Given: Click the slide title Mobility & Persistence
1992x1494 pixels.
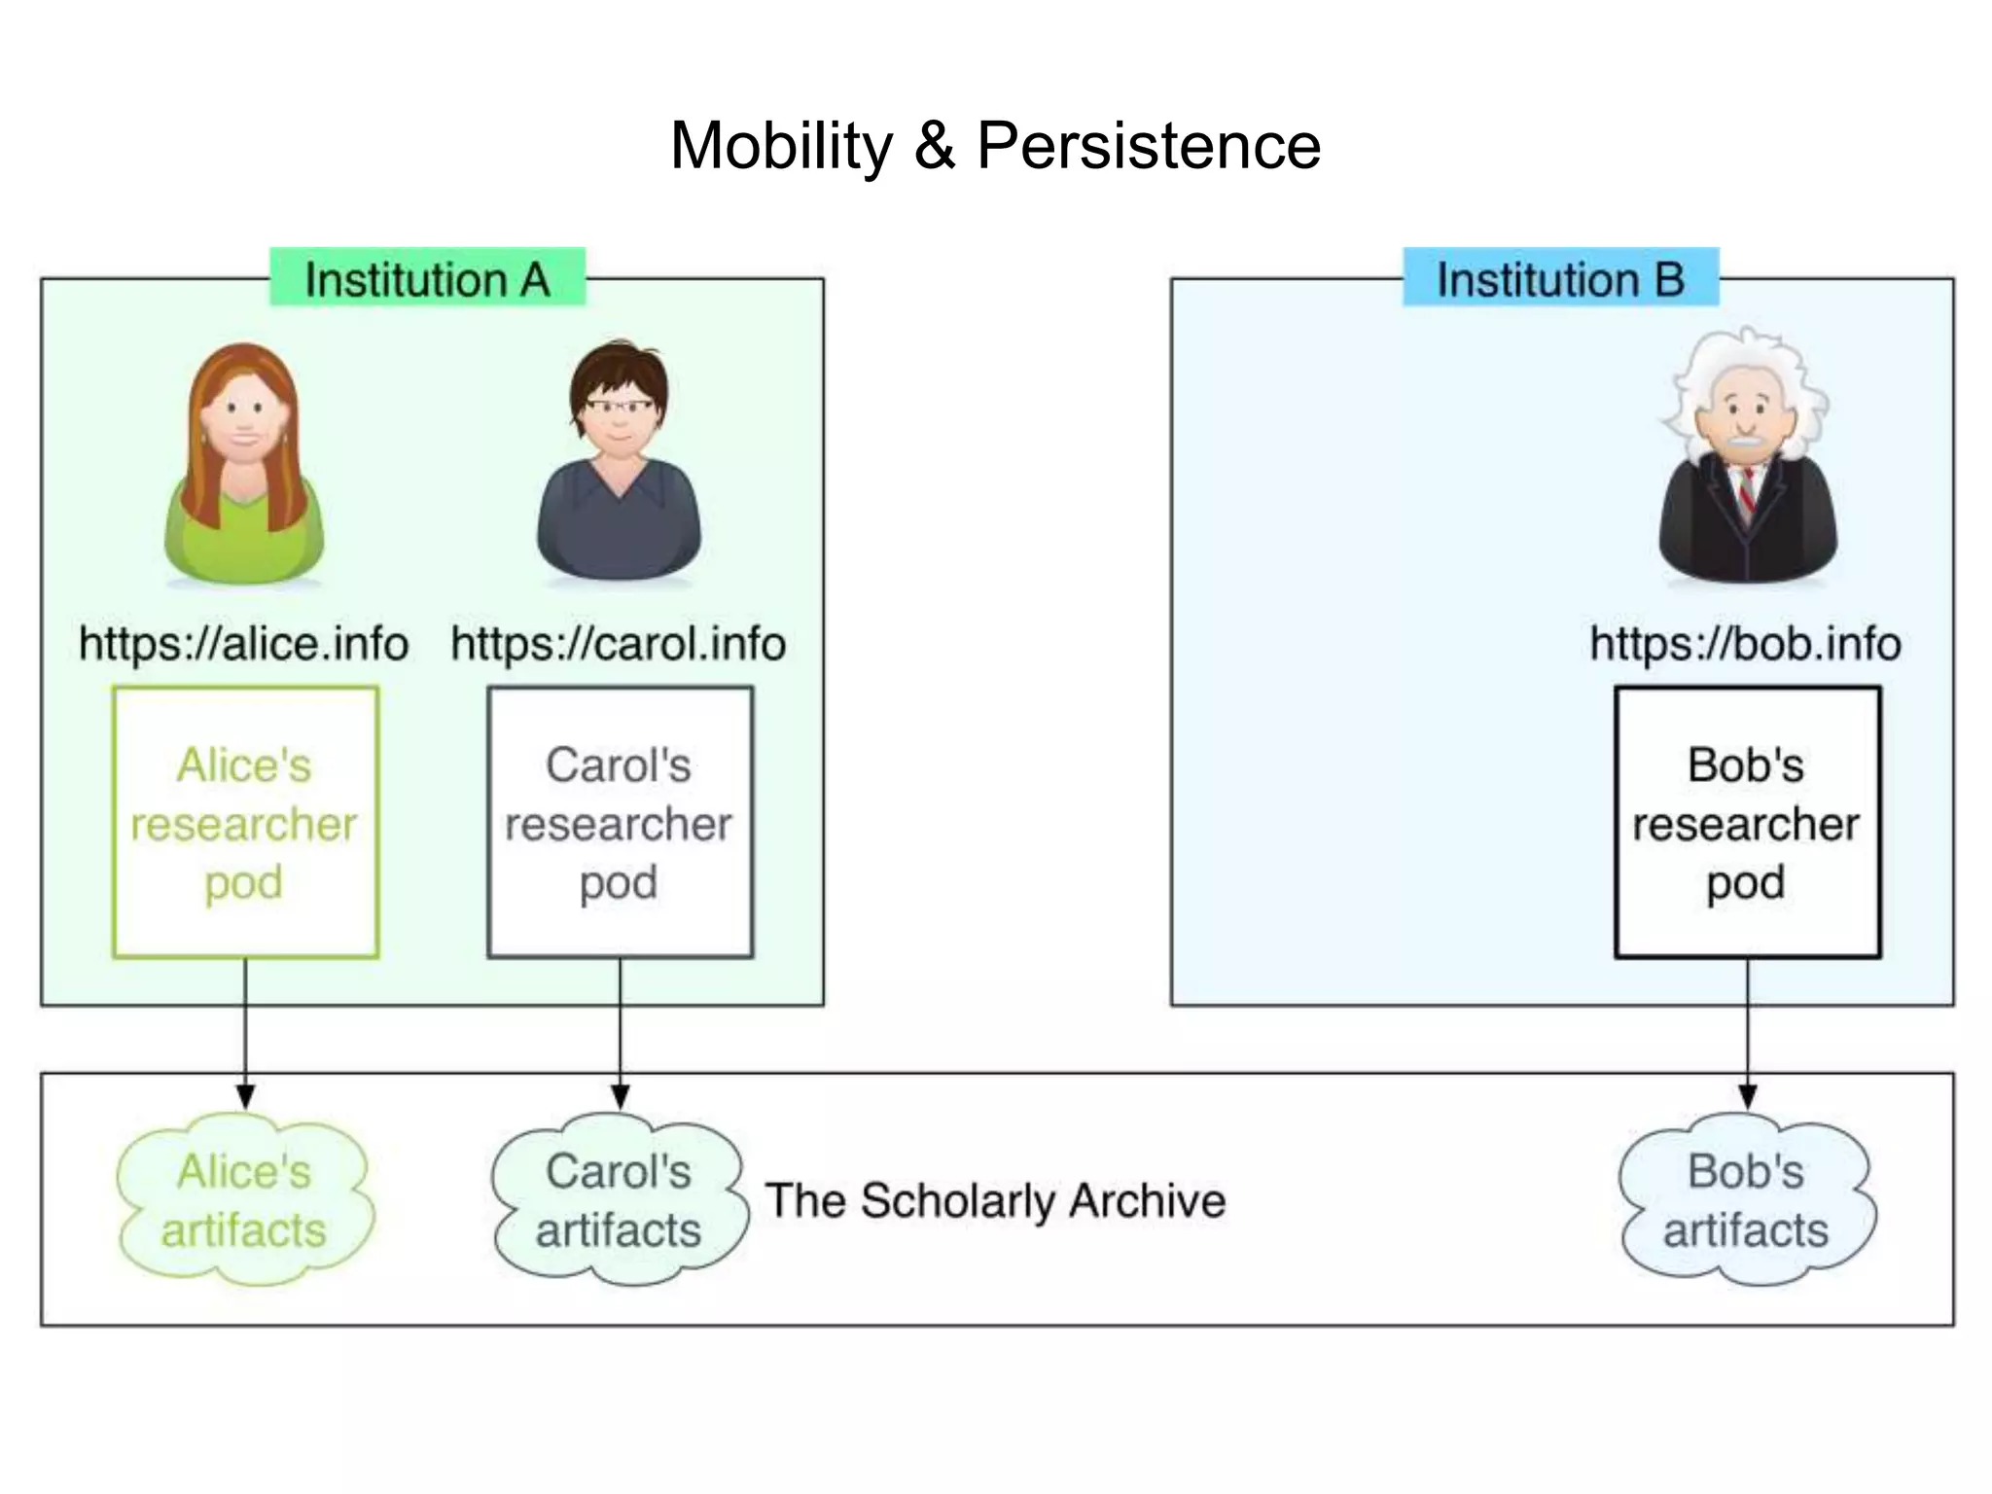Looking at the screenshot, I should point(995,146).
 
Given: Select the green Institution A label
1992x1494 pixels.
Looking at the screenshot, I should point(427,279).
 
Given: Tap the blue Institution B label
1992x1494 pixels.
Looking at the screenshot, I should point(1560,279).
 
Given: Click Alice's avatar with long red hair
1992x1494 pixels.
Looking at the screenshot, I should point(244,462).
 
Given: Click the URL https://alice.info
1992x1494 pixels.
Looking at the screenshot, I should point(243,644).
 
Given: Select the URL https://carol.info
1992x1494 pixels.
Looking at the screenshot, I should point(619,644).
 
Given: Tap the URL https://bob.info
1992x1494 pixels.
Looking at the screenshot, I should point(1746,644).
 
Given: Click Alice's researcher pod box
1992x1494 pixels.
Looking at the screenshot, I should point(245,823).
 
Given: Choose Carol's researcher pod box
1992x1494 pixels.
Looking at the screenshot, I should point(620,823).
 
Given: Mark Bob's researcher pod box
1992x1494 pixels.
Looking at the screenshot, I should point(1747,823).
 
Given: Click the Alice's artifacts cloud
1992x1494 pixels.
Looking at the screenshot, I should point(244,1200).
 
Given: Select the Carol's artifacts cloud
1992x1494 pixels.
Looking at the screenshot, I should point(620,1200).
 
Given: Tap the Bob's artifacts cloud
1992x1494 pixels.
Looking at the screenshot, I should point(1747,1200).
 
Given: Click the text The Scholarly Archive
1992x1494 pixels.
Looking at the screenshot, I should point(995,1200).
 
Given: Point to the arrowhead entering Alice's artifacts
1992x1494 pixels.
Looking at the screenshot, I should point(245,1097).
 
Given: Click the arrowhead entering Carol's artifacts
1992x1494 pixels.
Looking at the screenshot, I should point(620,1097).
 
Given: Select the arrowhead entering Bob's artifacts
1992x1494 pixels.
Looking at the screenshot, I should point(1747,1097).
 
